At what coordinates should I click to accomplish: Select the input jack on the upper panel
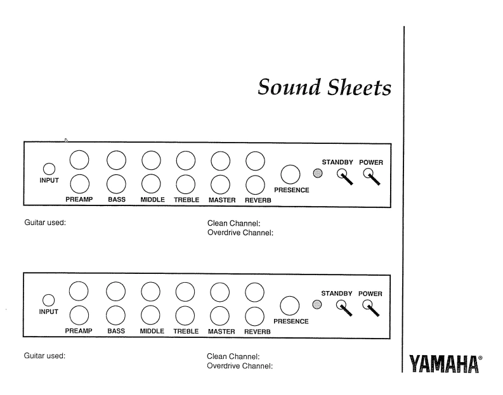[48, 169]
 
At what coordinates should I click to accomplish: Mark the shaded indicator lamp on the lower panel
[318, 304]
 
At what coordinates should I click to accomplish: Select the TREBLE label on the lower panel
[186, 331]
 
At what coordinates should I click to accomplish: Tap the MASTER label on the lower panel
[222, 331]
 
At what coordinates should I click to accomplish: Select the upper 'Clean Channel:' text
[235, 224]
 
